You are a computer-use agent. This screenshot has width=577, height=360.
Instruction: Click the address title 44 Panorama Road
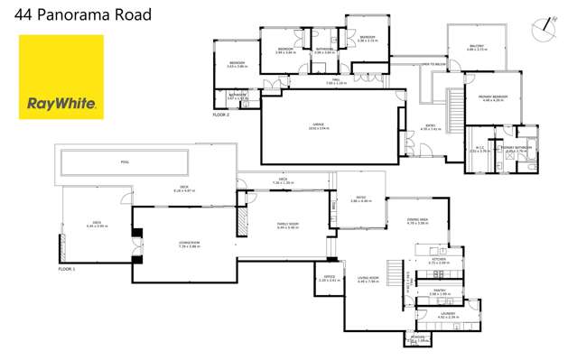(78, 15)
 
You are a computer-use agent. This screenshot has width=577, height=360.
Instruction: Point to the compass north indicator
(542, 29)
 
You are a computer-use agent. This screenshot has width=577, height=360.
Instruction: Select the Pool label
(125, 163)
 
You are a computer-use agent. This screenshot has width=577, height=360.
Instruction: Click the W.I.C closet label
(479, 149)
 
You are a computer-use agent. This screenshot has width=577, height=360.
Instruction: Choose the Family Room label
(287, 226)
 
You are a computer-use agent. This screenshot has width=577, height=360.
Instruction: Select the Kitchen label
(438, 261)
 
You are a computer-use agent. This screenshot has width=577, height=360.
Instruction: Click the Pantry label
(440, 292)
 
